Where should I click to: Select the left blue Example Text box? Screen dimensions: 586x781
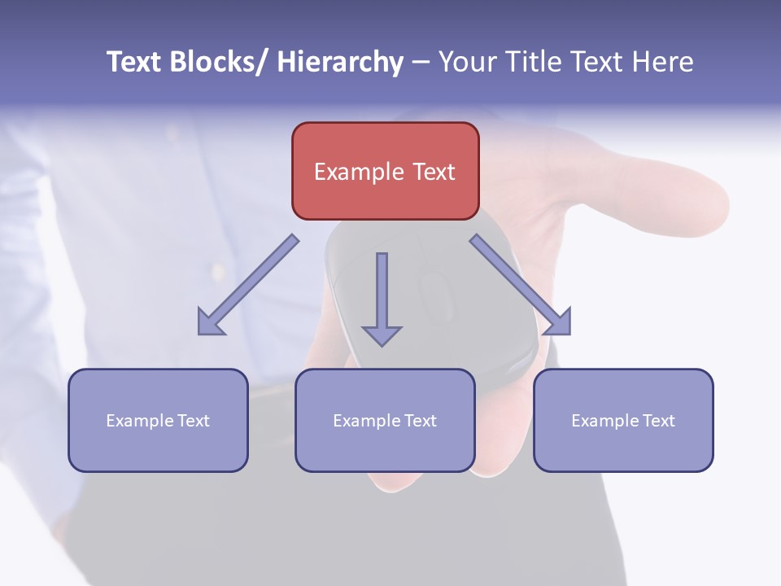pyautogui.click(x=158, y=420)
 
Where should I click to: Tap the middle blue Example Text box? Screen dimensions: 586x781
pyautogui.click(x=385, y=420)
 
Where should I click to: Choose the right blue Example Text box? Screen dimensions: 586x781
pyautogui.click(x=623, y=420)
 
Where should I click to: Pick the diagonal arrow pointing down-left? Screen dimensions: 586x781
pyautogui.click(x=249, y=285)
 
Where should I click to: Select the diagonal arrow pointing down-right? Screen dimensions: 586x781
pyautogui.click(x=520, y=285)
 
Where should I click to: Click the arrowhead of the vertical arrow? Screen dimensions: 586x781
pyautogui.click(x=382, y=335)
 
